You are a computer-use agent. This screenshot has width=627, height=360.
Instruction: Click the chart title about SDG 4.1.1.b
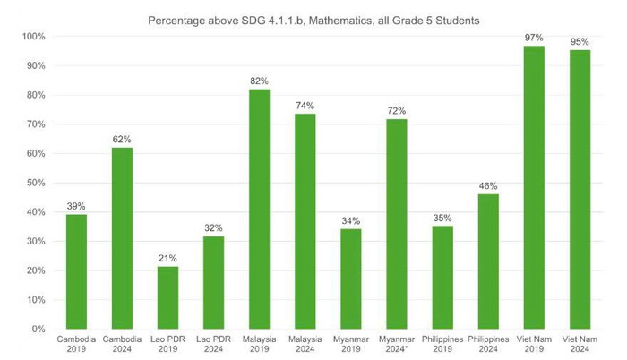(x=313, y=19)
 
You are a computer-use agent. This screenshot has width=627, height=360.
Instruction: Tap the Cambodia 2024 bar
(x=122, y=238)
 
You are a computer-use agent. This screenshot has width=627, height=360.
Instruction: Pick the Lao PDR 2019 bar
(x=167, y=297)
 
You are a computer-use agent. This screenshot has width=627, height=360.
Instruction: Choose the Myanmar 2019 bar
(x=350, y=279)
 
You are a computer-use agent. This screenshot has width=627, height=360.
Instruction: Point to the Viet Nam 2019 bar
(x=534, y=187)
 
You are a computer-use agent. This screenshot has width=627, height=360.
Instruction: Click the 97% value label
(x=534, y=37)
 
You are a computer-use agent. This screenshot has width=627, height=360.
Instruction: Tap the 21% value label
(x=167, y=258)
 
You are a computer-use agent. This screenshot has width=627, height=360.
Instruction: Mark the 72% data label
(x=396, y=110)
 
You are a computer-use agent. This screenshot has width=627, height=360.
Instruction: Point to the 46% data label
(x=488, y=185)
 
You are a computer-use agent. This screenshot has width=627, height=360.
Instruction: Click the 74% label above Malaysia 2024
(x=305, y=105)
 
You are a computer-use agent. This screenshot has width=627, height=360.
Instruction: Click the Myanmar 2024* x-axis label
(x=396, y=345)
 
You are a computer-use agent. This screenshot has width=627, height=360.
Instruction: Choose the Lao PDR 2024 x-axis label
(x=213, y=345)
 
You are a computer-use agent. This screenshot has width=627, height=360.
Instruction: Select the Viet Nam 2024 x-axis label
(x=580, y=345)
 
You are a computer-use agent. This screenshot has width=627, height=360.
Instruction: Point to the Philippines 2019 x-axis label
(x=442, y=345)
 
